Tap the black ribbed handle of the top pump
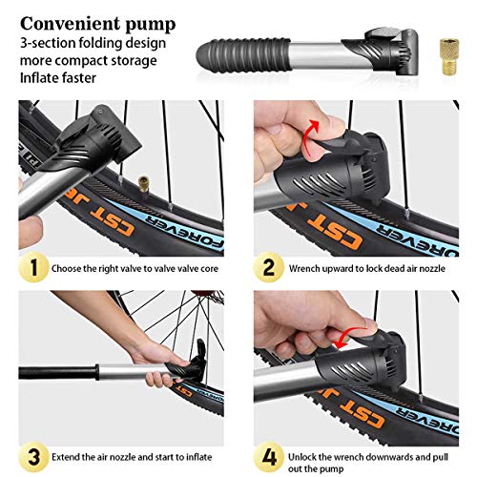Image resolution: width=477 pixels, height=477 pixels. tap(238, 51)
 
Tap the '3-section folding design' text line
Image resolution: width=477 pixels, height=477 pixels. tap(93, 42)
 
